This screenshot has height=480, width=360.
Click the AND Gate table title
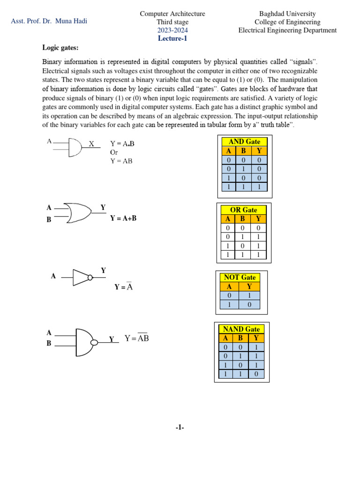tap(244, 142)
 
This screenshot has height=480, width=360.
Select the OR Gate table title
tap(244, 210)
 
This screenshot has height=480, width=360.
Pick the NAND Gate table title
tap(241, 329)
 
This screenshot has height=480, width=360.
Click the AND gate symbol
tap(75, 147)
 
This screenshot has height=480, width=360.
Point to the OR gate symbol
tap(78, 213)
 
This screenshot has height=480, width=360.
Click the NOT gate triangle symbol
tap(82, 277)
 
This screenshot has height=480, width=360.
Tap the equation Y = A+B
tap(123, 218)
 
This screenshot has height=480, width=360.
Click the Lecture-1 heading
tap(172, 38)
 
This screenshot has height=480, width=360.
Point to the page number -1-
tap(180, 427)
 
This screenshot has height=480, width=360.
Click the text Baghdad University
tap(287, 14)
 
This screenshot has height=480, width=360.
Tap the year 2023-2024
tap(172, 30)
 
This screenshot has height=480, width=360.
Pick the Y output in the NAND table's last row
tap(256, 374)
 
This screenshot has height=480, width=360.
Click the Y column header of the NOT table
tap(249, 286)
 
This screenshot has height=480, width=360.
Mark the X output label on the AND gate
tap(91, 144)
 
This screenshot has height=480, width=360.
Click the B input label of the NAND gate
tap(49, 343)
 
